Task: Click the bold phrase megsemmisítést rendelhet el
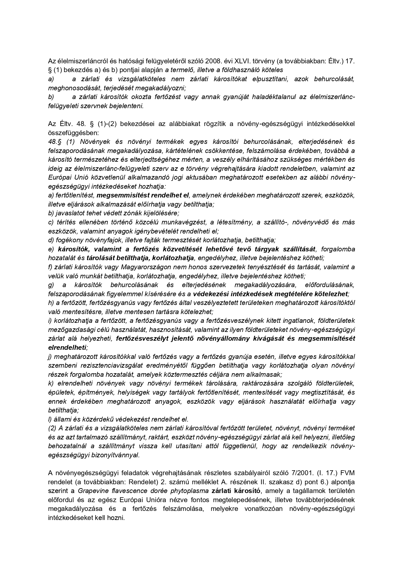[143, 195]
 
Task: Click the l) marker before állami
[50, 419]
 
